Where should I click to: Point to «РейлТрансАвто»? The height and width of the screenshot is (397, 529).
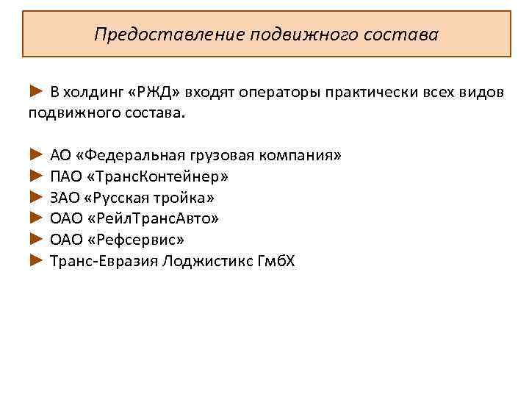click(x=154, y=218)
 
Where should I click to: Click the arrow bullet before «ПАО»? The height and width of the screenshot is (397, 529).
click(x=37, y=176)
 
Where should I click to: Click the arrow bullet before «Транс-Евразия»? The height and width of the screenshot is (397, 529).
click(x=37, y=261)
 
